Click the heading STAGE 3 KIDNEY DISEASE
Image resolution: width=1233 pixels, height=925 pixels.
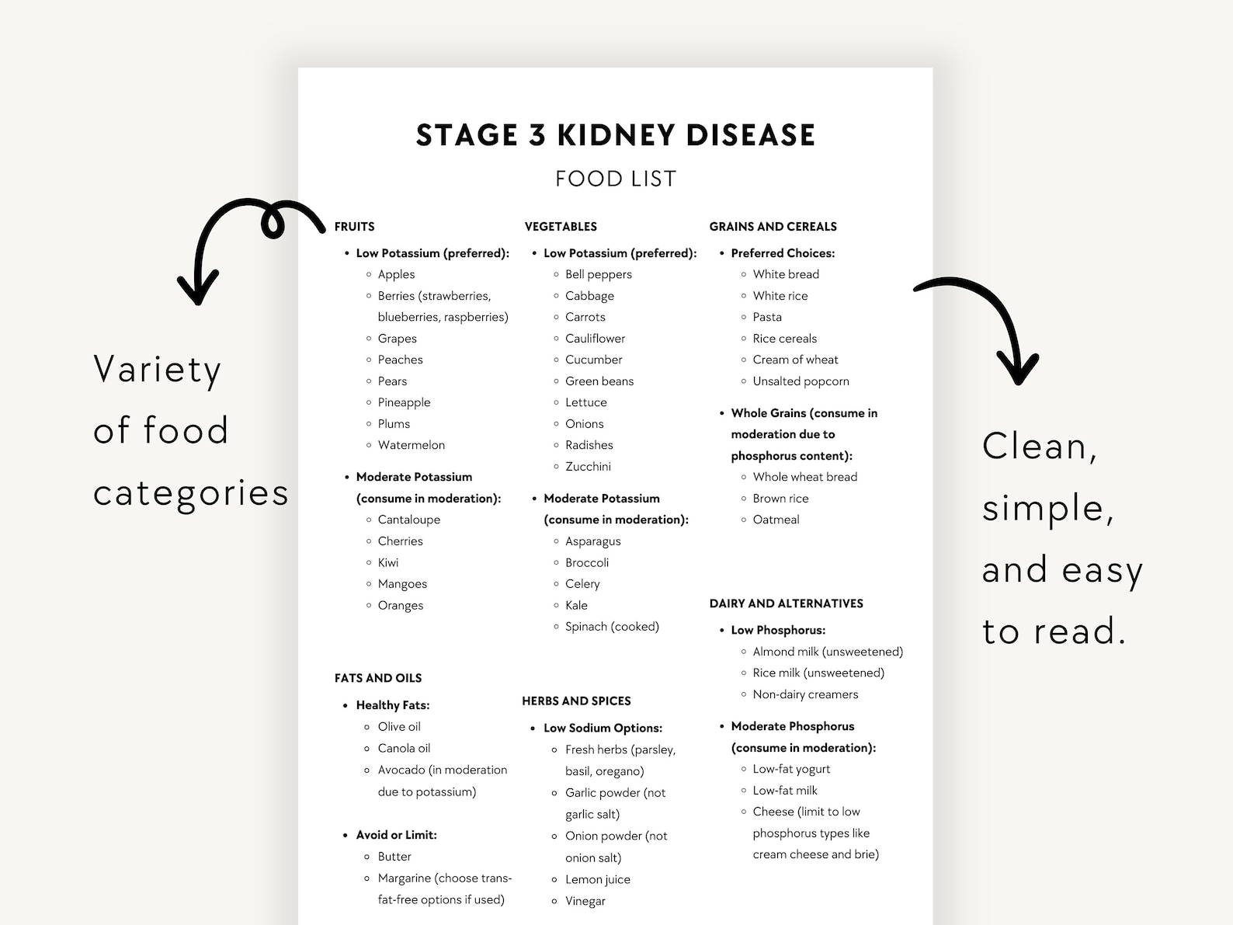[x=615, y=135]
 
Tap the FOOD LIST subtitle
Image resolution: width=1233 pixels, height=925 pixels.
[x=615, y=179]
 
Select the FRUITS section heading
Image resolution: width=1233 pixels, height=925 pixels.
[x=354, y=227]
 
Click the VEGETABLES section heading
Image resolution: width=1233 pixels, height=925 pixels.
[x=561, y=227]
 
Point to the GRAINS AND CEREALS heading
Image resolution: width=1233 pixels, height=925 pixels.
[x=773, y=227]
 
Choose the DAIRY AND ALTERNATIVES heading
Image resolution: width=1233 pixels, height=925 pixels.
[x=786, y=603]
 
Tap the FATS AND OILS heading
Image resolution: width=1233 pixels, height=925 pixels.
[x=378, y=678]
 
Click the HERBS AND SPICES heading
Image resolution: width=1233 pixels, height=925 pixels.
[x=576, y=701]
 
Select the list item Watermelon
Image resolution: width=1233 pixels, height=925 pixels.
[x=411, y=445]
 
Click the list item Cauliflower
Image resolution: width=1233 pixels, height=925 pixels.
[x=595, y=339]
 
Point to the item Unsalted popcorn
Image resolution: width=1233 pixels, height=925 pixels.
[x=801, y=381]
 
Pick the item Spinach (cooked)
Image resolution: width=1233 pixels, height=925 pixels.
[x=612, y=627]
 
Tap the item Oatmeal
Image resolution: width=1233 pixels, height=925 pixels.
[x=776, y=520]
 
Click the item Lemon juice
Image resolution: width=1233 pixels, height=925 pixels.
[x=597, y=879]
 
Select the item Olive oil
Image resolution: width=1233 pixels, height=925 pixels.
[x=399, y=727]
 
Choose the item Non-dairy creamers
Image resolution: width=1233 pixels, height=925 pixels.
[x=805, y=694]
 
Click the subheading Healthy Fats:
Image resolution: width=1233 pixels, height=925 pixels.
[x=392, y=705]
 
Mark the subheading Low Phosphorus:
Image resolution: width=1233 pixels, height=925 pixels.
[x=778, y=631]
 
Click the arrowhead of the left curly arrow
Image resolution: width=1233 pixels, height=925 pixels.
[x=197, y=291]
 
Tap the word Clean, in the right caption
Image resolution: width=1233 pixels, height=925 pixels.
[x=1039, y=447]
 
